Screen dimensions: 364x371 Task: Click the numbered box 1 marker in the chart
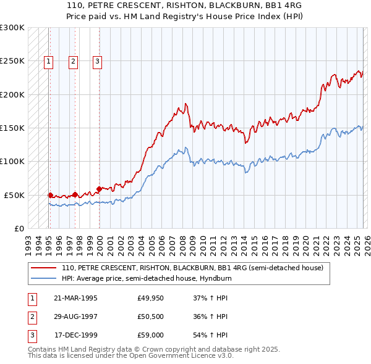pos(48,60)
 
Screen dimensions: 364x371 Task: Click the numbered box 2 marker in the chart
pos(73,60)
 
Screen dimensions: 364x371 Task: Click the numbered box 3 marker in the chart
pos(98,60)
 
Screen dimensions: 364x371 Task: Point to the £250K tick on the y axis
pos(12,61)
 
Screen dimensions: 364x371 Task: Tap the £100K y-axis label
pos(12,162)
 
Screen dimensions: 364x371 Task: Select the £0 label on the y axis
pos(18,228)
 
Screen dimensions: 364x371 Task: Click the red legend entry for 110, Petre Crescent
pos(192,268)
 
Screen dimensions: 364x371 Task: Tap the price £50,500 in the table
pos(151,316)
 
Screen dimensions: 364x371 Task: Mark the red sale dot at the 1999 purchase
pos(99,189)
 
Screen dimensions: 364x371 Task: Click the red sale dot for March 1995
pos(50,195)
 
